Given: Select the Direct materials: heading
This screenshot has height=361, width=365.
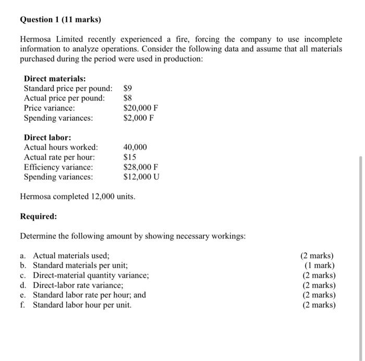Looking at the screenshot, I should (x=55, y=79).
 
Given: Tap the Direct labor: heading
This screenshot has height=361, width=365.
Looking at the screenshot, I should (x=47, y=138).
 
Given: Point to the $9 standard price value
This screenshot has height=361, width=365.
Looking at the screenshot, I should (x=129, y=89).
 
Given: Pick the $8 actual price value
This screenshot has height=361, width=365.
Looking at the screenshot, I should (x=129, y=98).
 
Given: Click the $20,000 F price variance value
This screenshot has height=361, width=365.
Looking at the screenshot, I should (x=141, y=108).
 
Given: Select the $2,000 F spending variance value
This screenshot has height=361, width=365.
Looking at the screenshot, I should (x=139, y=118).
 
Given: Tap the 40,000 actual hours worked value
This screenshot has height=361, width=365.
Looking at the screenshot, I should (x=135, y=147).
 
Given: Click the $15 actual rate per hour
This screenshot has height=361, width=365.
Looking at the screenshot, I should (x=130, y=157).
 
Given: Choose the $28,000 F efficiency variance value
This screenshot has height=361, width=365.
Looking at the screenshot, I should (x=141, y=167).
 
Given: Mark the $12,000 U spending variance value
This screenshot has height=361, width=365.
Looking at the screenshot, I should (x=141, y=177).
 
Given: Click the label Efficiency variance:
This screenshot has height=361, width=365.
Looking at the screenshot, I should (x=59, y=167).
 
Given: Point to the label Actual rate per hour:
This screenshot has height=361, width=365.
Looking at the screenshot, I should (x=59, y=157).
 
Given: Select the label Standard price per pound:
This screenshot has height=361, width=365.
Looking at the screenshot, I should (x=68, y=89).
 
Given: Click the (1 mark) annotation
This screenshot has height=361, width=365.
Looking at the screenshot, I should (x=319, y=265).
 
